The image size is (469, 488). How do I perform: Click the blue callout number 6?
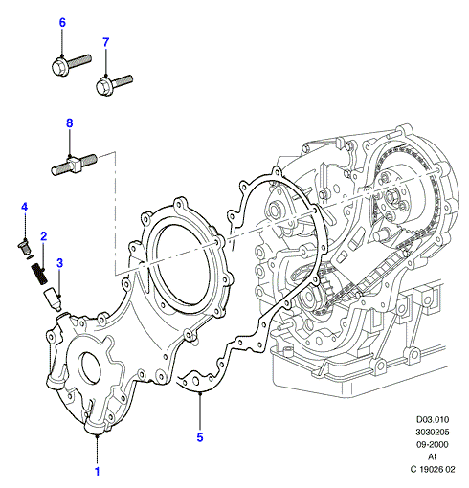62,23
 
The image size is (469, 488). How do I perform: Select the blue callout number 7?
106,42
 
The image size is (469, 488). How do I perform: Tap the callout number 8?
70,123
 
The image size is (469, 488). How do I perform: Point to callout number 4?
25,208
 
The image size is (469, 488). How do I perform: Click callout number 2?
44,236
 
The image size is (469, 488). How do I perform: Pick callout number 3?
59,263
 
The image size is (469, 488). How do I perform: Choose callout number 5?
200,437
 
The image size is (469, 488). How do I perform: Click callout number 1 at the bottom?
98,472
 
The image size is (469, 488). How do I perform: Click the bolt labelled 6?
71,66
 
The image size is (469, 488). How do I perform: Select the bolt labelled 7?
114,85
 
